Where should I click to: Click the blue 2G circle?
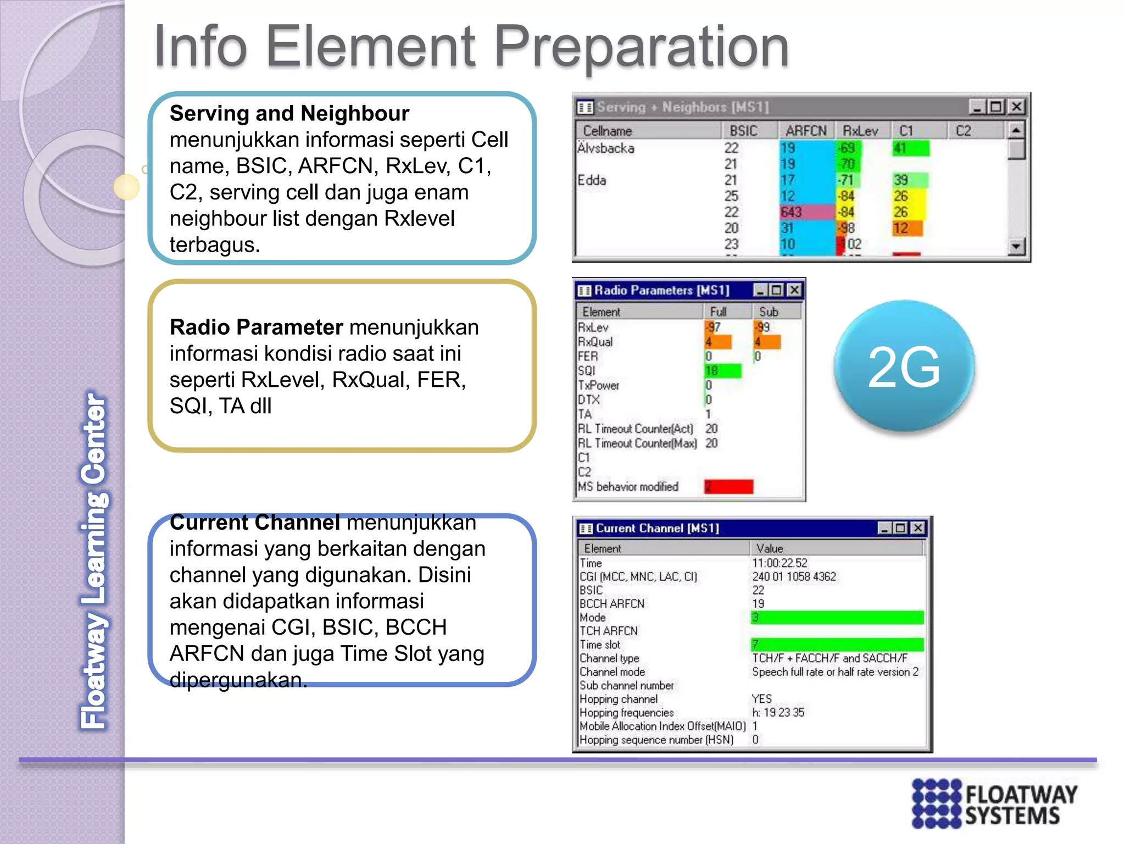(904, 367)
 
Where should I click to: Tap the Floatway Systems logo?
(994, 803)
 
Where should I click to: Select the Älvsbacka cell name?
(606, 148)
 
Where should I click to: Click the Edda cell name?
(592, 180)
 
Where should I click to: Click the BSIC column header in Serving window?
(743, 131)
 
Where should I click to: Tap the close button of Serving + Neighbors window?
(1017, 107)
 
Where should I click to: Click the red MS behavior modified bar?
(728, 486)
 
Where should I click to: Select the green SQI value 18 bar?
(723, 371)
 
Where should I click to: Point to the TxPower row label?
(598, 385)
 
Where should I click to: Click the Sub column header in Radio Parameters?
(768, 312)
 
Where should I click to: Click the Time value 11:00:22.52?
(779, 563)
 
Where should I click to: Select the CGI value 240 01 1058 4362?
(794, 576)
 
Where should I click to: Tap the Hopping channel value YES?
(761, 699)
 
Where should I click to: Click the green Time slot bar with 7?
(837, 645)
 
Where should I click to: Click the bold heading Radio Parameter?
(256, 327)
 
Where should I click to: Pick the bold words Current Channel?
(255, 523)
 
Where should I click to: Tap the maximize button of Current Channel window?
(900, 528)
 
